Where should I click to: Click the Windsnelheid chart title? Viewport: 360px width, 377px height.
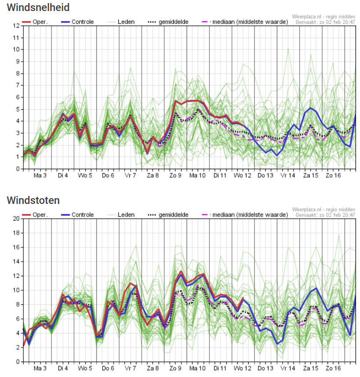click(38, 7)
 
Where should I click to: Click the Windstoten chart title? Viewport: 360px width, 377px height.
click(33, 200)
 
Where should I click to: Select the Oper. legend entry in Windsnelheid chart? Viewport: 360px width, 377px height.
click(35, 22)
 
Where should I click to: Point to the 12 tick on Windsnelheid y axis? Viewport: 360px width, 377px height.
click(16, 26)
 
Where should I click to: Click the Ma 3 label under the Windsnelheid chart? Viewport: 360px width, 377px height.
click(40, 175)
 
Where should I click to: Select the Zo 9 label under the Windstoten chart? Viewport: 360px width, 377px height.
click(176, 368)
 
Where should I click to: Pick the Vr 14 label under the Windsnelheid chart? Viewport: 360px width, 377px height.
click(288, 175)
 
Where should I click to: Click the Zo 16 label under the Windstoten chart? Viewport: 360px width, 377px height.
click(333, 368)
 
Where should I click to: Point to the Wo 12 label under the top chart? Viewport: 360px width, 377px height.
click(243, 175)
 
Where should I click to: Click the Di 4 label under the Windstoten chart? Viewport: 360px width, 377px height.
click(63, 368)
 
